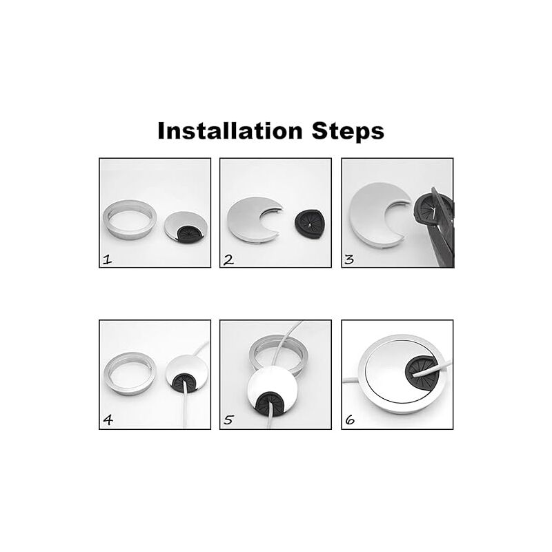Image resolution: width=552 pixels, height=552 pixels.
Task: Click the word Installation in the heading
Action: [x=230, y=131]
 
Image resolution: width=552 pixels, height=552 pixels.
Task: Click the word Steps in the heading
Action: [x=348, y=132]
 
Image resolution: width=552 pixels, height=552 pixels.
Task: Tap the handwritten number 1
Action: [x=107, y=260]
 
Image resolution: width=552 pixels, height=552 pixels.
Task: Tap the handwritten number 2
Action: [x=228, y=260]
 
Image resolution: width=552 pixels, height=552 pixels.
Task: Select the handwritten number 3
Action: [x=349, y=260]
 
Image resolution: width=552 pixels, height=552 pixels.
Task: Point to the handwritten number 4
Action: [x=108, y=420]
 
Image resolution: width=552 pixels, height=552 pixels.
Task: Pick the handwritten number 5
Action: [x=228, y=420]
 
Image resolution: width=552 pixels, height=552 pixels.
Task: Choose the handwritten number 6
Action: [x=350, y=420]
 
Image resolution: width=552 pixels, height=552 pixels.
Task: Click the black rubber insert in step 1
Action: [x=188, y=233]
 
